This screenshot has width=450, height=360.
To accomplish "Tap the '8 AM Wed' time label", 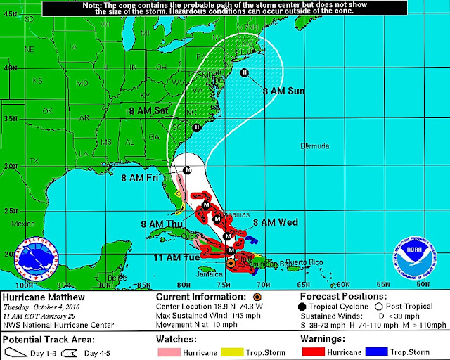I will click(x=275, y=222).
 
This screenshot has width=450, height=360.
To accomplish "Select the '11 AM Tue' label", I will click(x=174, y=257).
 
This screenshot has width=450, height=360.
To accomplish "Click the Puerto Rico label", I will click(x=303, y=262).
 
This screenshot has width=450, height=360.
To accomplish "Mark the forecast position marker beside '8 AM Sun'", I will click(x=245, y=72).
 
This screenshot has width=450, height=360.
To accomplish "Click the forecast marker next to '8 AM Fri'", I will click(x=187, y=170).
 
